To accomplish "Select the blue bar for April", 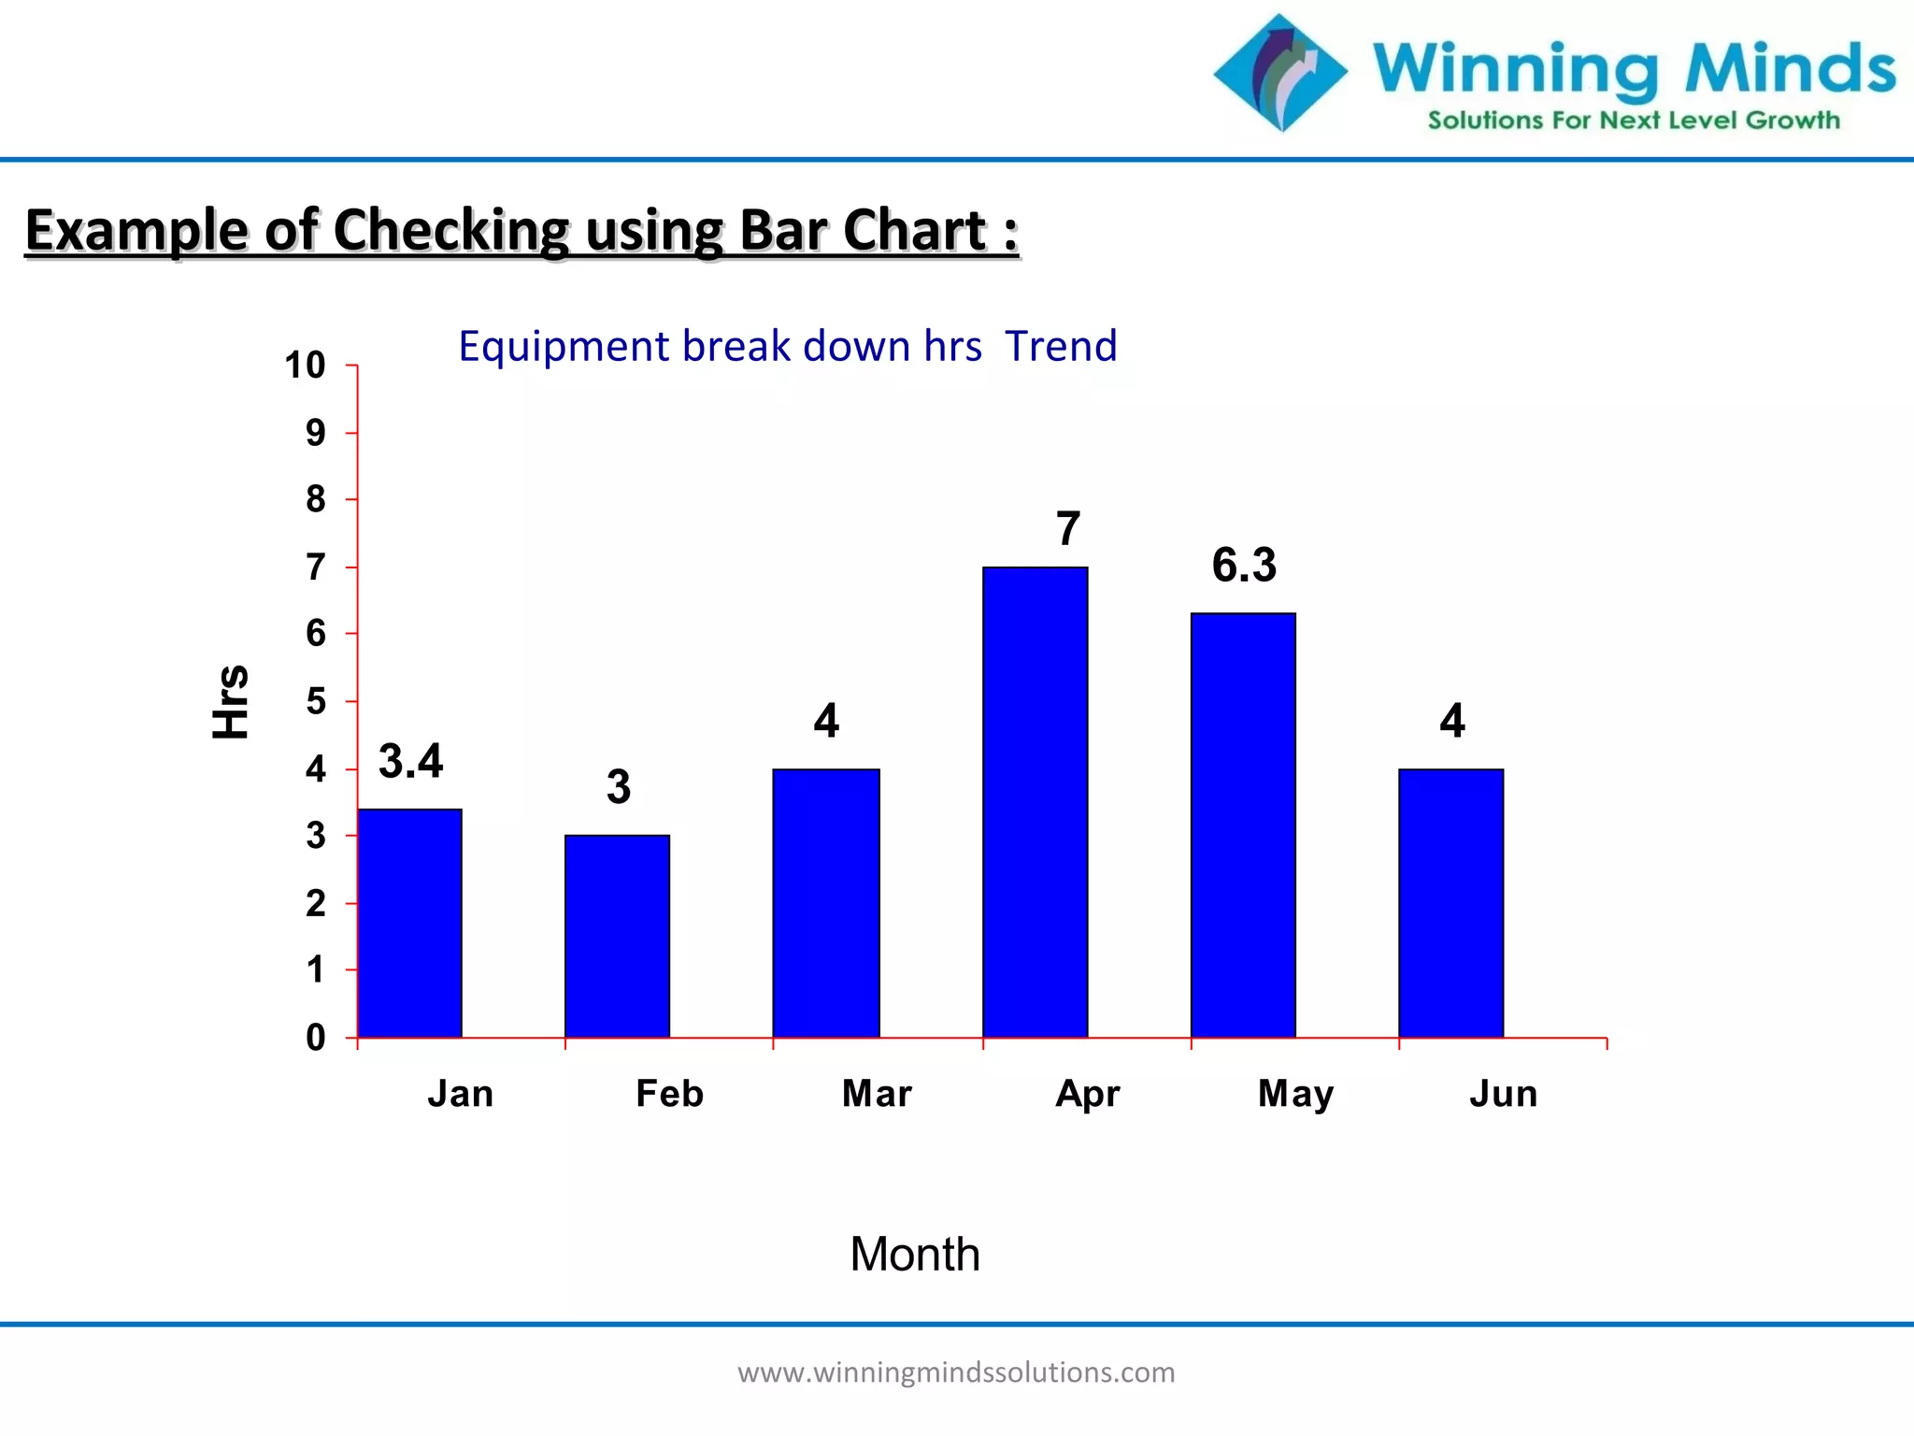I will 1035,802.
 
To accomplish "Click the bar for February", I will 617,936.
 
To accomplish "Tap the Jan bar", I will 409,923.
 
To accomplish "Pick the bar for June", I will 1450,903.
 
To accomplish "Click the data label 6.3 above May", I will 1244,566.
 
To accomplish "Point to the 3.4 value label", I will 410,761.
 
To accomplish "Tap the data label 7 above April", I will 1068,529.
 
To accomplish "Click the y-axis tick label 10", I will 305,366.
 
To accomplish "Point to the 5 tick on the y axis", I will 316,701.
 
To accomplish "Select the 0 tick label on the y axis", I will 316,1038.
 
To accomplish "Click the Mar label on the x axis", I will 876,1093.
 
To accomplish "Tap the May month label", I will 1295,1093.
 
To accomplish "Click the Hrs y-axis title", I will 231,701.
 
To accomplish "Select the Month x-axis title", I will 914,1254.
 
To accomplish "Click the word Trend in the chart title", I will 1061,346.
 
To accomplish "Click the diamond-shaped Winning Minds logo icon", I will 1280,73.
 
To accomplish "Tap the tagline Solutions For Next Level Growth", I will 1634,121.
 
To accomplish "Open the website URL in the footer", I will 956,1372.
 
